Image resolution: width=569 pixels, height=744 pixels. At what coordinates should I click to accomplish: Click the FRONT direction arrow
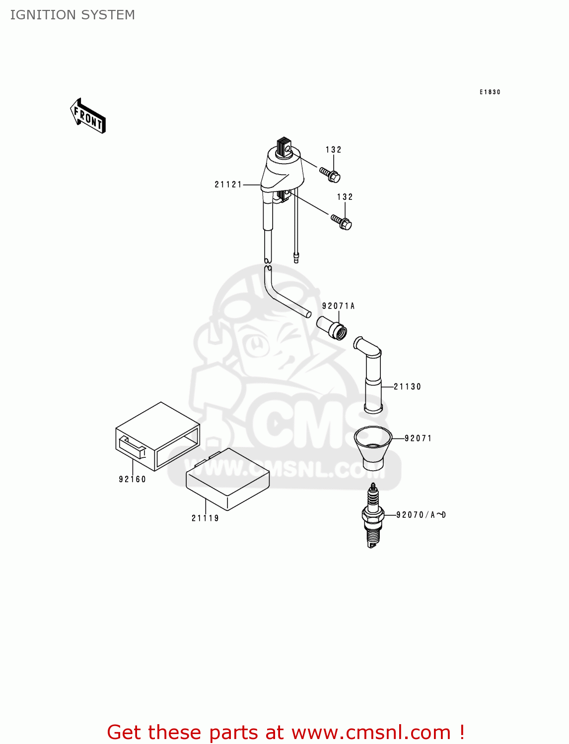coord(88,116)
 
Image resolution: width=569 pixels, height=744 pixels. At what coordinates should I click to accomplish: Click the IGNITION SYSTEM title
coord(72,15)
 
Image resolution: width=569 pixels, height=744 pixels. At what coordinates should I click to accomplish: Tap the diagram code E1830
coord(490,92)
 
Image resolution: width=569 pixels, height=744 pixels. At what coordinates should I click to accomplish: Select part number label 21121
coord(228,185)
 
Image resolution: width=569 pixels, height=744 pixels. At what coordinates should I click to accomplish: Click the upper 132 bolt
coord(330,174)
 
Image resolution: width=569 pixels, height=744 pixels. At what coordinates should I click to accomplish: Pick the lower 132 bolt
coord(342,222)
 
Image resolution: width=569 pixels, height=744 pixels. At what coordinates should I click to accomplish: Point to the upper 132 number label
coord(334,150)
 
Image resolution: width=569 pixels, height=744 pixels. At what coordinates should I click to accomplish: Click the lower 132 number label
coord(345,197)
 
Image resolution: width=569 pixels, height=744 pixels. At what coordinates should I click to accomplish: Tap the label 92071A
coord(338,306)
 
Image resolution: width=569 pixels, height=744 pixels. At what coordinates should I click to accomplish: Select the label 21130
coord(407,387)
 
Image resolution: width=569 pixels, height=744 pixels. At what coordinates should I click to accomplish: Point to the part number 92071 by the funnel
coord(418,438)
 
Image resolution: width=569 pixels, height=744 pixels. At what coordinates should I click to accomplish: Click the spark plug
coord(373,515)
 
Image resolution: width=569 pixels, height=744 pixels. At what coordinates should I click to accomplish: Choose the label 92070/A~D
coord(421,515)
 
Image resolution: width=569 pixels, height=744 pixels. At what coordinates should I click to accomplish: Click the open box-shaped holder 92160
coord(157,436)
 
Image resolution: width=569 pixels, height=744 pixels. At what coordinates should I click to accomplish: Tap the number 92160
coord(133,479)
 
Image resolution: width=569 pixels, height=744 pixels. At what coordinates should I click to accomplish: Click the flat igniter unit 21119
coord(227,479)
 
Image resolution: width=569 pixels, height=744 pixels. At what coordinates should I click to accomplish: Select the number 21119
coord(205,518)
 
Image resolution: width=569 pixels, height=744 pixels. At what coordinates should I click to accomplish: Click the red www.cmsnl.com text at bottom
coord(371,732)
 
